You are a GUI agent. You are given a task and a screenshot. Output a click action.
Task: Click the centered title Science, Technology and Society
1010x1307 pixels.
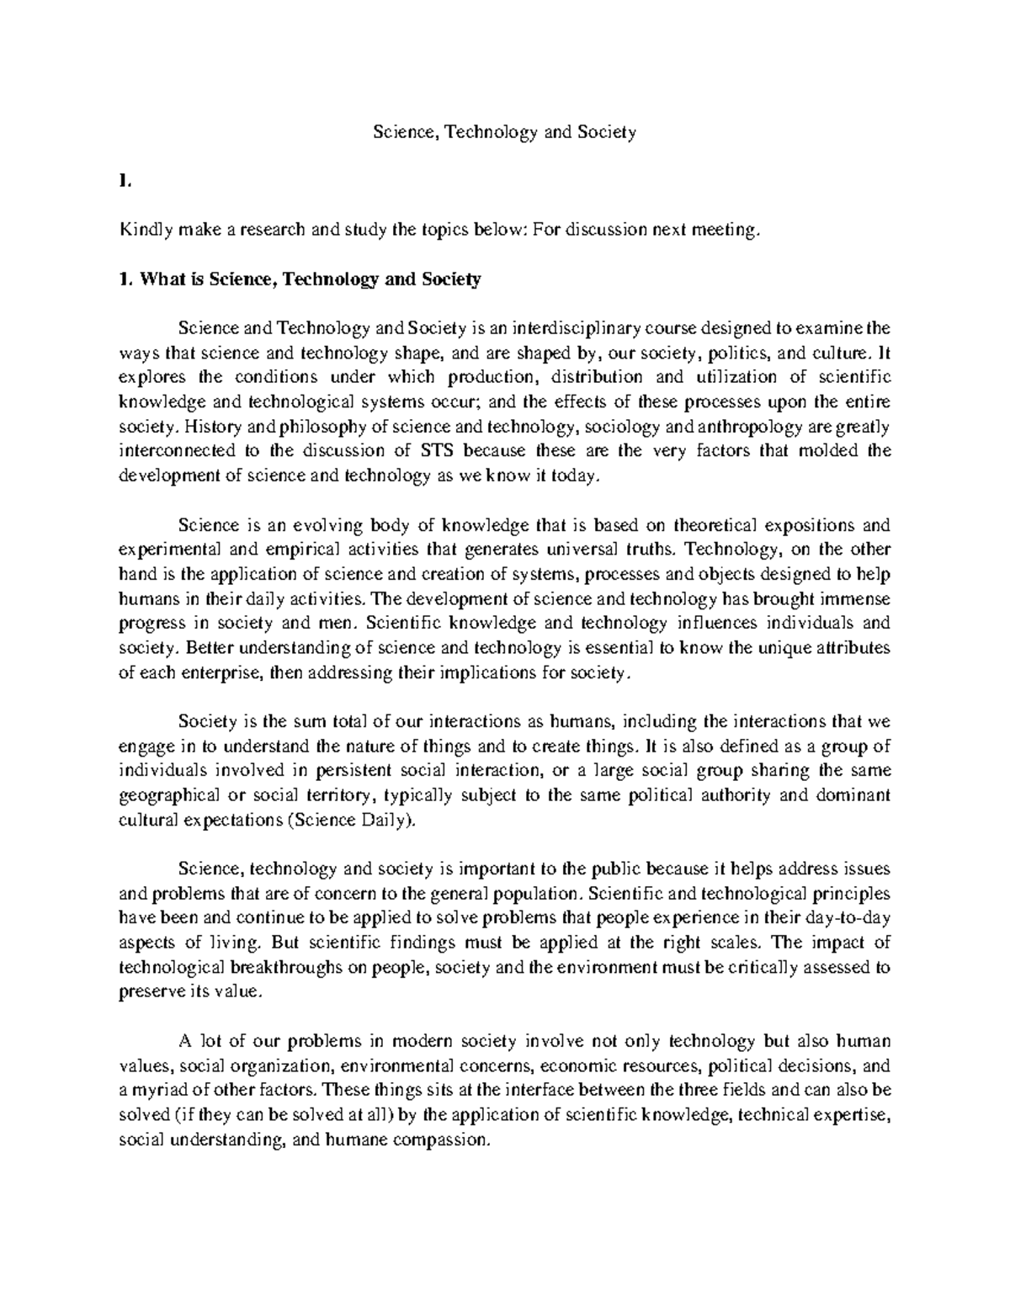click(x=504, y=132)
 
